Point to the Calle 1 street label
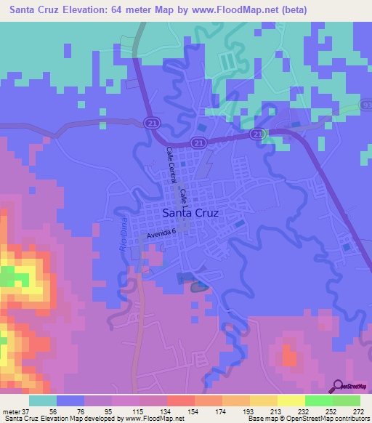185,198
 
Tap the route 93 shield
366,108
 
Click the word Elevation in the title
89,10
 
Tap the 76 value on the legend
70,411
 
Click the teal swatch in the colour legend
43,400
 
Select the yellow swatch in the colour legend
291,400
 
